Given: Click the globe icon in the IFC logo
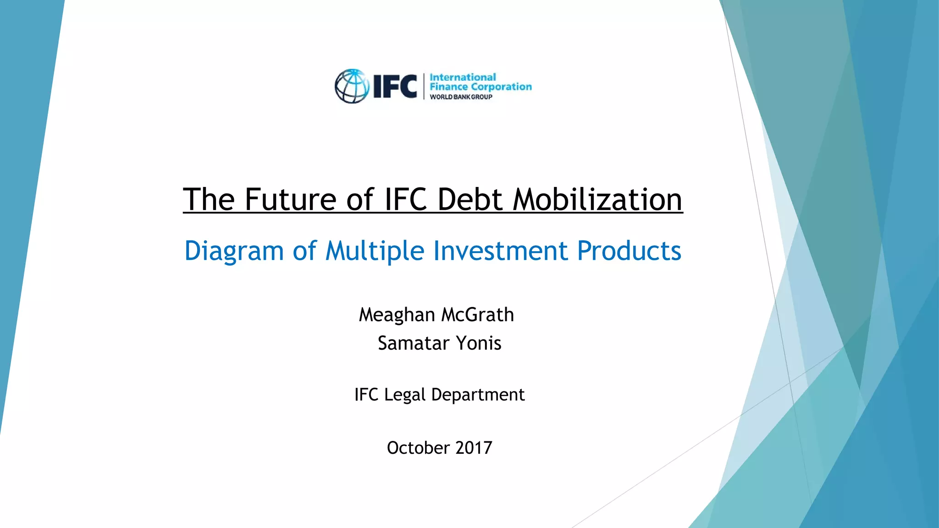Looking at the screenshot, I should pos(352,86).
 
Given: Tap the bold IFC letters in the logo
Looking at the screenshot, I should pos(395,86).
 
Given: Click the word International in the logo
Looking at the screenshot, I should pos(463,77).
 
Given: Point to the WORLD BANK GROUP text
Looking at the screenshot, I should pos(461,97).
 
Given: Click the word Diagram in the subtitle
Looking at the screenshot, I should pos(234,251).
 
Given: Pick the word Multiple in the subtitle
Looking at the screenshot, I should pos(375,251).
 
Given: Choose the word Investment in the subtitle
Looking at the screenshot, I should pos(500,251).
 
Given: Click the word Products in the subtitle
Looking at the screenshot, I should pos(629,251).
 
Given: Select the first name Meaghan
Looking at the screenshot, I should pos(397,315).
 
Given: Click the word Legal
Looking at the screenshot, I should pos(405,395).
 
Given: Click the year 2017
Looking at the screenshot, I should pos(474,448).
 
